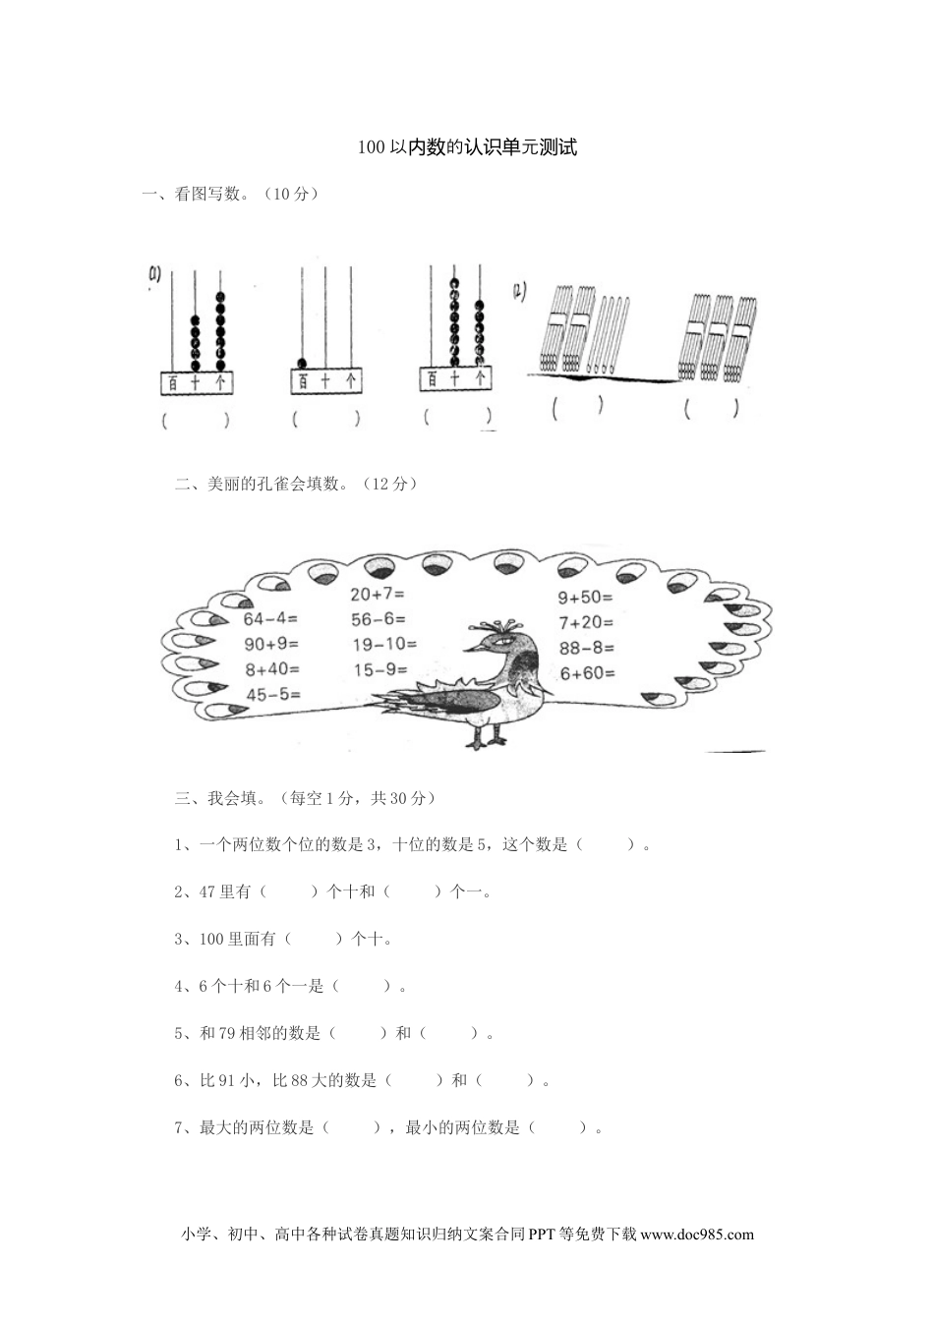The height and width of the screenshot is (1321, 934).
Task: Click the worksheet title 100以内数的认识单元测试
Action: [x=467, y=148]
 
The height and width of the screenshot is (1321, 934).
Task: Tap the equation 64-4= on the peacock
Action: [x=270, y=619]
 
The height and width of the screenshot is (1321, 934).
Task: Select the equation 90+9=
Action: [x=271, y=645]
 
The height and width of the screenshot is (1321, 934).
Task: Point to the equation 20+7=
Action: [x=377, y=594]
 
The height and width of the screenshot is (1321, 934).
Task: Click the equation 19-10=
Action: [x=383, y=645]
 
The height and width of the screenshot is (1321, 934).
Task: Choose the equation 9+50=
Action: [x=585, y=597]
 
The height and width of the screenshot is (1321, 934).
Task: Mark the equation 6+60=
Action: [x=587, y=673]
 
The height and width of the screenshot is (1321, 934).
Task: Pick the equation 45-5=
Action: [x=272, y=695]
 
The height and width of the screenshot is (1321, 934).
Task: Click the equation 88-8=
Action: [x=586, y=648]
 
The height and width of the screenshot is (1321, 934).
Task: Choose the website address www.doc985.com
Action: [x=697, y=1235]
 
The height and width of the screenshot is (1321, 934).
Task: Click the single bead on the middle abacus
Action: [x=302, y=360]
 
